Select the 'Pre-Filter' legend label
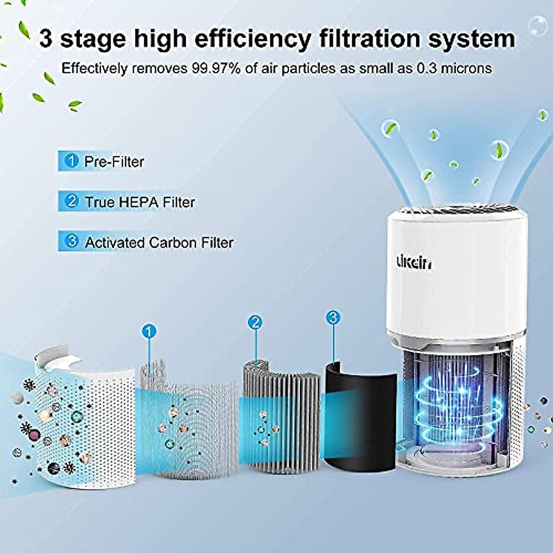coord(114,162)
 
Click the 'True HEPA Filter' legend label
coord(140,202)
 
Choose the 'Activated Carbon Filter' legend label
coord(159,242)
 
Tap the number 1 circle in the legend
coord(72,161)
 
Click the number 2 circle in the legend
coord(72,201)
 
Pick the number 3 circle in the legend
coord(72,241)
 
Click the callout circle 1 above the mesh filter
coord(149,331)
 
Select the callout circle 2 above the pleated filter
coord(255,323)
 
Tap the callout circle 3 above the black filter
coord(333,318)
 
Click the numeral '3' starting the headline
coord(46,39)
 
